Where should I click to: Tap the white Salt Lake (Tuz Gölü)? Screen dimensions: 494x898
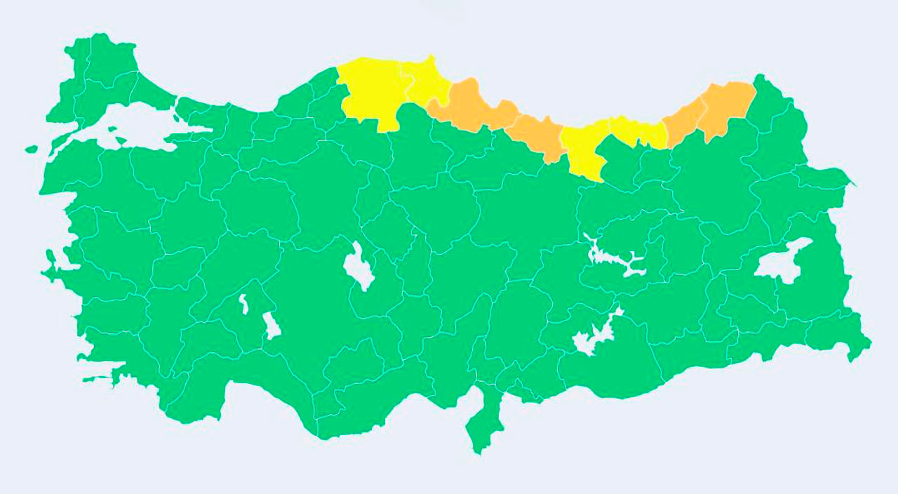click(x=359, y=267)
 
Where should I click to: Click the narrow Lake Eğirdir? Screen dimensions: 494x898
click(x=244, y=304)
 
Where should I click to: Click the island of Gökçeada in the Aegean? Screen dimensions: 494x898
click(x=31, y=149)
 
